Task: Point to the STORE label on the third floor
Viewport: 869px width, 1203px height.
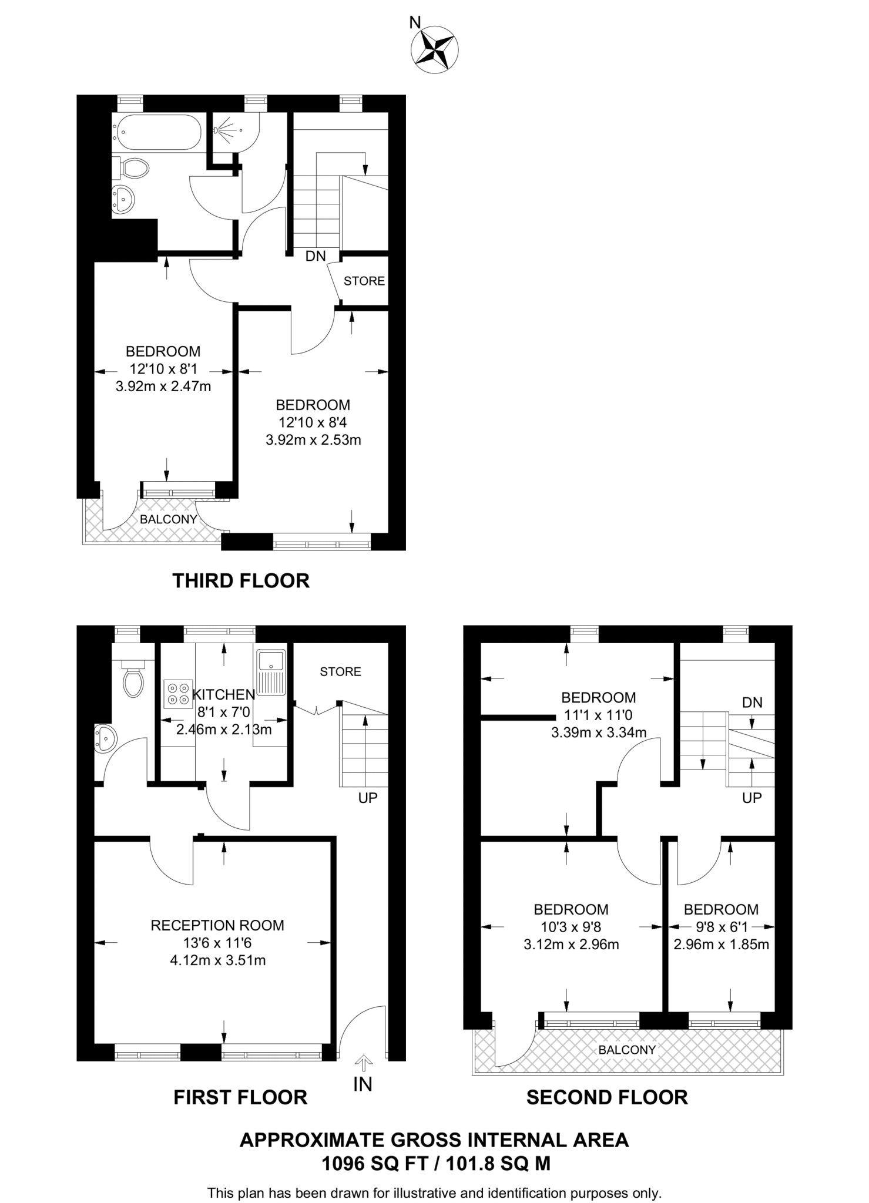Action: tap(364, 281)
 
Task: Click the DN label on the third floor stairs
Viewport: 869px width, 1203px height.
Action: tap(316, 256)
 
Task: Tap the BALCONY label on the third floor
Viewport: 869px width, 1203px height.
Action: tap(160, 519)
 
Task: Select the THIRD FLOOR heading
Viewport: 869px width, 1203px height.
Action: tap(241, 580)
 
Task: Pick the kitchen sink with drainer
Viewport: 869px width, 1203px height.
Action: tap(271, 672)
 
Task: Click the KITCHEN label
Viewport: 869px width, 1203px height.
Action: tap(224, 695)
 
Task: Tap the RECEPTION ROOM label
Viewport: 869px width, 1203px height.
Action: tap(217, 925)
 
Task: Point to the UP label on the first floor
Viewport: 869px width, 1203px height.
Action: tap(368, 798)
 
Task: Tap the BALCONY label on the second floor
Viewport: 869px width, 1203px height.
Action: tap(627, 1050)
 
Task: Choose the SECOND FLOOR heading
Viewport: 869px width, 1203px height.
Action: tap(607, 1097)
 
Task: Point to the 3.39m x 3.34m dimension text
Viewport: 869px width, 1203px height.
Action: tap(599, 732)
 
